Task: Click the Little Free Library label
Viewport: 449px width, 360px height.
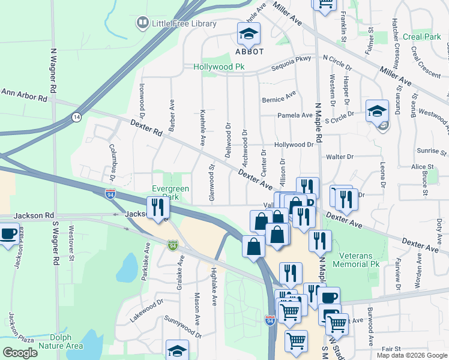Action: point(184,23)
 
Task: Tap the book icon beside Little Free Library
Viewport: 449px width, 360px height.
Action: point(142,23)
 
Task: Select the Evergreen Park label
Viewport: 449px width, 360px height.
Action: point(171,193)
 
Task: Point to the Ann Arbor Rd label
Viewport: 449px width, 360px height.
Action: point(24,95)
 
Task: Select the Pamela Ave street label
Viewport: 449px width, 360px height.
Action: point(291,115)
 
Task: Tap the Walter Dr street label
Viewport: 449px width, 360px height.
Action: point(339,157)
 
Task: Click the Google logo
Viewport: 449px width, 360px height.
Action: point(20,353)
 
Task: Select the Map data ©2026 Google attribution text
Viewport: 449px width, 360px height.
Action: point(412,355)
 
